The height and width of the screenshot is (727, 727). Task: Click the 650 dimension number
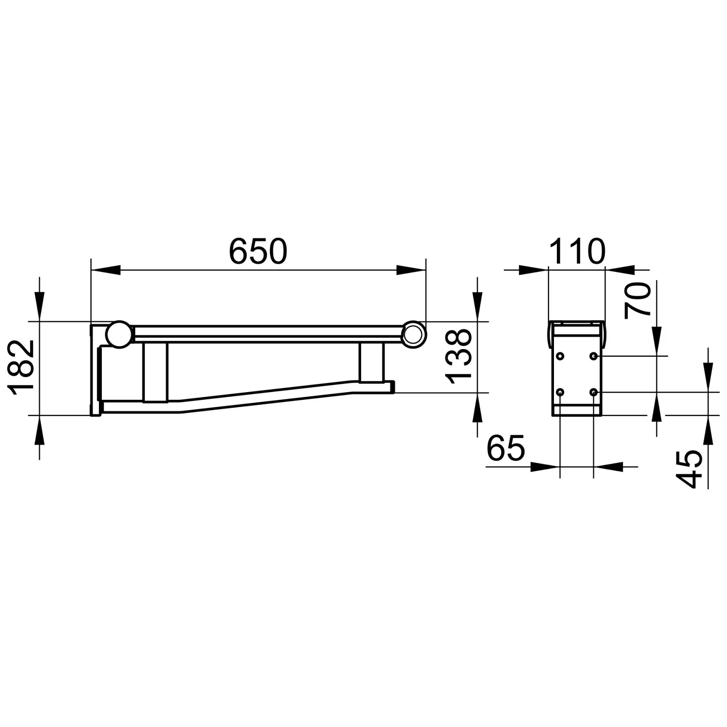tap(258, 252)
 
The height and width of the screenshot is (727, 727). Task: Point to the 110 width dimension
tap(577, 252)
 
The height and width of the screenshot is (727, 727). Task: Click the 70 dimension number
tap(637, 301)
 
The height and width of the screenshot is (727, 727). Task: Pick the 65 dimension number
tap(506, 448)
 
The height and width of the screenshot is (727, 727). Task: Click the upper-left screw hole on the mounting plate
tap(560, 356)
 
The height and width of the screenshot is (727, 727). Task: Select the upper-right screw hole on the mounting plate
tap(593, 356)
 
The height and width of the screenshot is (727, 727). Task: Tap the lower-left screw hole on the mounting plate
tap(560, 392)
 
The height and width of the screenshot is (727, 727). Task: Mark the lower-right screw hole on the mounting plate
tap(593, 392)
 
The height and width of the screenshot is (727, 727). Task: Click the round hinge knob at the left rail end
tap(119, 334)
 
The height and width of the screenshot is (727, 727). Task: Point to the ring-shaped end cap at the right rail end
tap(414, 334)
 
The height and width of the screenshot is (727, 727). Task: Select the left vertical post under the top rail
tap(155, 372)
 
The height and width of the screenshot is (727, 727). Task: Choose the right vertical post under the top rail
tap(372, 362)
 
